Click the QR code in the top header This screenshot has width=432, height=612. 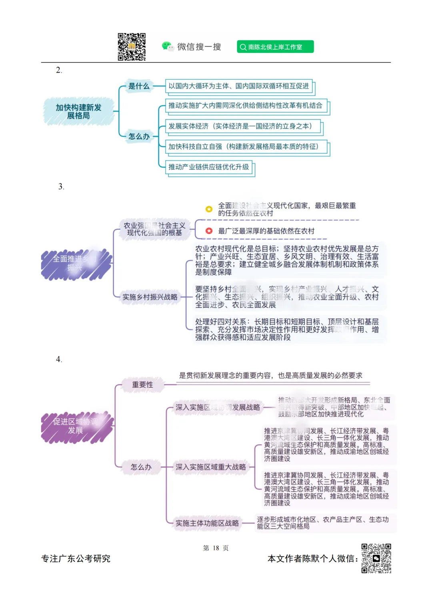coord(132,47)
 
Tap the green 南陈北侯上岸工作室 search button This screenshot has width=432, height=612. coord(275,47)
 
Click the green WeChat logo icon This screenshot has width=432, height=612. coord(167,46)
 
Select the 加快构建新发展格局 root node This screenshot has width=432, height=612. coord(78,112)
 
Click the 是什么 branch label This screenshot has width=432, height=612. coord(139,86)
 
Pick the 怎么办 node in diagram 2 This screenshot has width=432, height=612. coord(139,137)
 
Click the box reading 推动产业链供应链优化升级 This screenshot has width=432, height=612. coord(209,167)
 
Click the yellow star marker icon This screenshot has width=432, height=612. coord(209,209)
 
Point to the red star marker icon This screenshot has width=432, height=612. coord(209,231)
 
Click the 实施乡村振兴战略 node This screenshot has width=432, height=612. coord(150,297)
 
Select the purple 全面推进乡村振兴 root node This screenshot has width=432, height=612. coord(76,264)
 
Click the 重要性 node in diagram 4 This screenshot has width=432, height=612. coord(142,385)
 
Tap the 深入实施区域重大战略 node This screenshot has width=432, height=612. coord(211,467)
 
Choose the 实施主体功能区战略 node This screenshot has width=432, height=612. coord(207,523)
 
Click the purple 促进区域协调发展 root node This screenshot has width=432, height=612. coord(76,426)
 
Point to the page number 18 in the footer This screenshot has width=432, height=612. coord(216,548)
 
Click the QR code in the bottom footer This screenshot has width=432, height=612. coord(376,558)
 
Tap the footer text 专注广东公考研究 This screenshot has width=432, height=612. coord(76,559)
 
